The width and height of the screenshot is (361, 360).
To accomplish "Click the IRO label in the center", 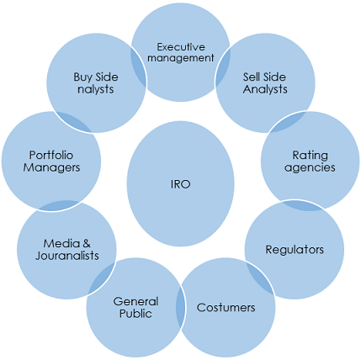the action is [180, 184].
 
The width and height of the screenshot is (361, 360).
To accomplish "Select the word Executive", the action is [181, 47].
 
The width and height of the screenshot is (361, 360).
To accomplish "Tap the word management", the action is [181, 58].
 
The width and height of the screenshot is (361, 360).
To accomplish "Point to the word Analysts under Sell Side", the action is [265, 89].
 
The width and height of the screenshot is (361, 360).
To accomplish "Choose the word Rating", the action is [310, 156].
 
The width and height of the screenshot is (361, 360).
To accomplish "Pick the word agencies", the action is [310, 167].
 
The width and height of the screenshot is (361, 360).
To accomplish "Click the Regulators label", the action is [295, 250].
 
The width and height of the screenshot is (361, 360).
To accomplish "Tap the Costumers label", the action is [226, 308].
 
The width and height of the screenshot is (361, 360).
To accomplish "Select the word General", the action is [135, 302].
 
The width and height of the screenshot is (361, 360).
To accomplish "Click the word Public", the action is [135, 314].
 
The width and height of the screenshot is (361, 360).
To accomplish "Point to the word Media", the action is [61, 243].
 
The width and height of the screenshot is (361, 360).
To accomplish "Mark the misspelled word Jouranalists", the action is [67, 256].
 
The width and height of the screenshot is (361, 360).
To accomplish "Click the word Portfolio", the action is [51, 155].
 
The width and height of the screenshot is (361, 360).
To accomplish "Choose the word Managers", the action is [51, 167].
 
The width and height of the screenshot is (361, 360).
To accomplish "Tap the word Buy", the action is [82, 77].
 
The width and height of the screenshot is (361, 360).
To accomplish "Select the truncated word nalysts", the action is [96, 90].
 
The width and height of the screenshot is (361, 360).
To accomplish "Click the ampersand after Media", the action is [86, 243].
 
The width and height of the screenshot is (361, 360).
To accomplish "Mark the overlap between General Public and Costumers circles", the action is [181, 306].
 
